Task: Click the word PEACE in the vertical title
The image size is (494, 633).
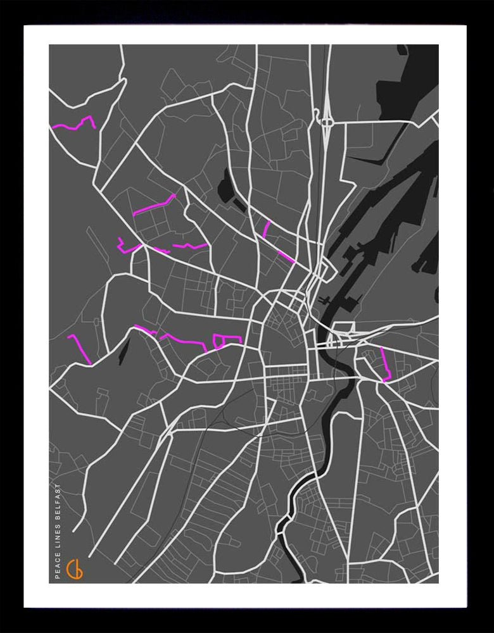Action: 58,566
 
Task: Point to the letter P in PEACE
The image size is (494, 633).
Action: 58,577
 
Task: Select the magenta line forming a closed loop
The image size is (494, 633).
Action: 220,342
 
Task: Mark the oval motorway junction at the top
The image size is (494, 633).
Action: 327,121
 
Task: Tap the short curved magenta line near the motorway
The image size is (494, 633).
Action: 267,229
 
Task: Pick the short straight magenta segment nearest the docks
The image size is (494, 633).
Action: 286,256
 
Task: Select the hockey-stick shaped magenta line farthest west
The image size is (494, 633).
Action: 80,348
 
